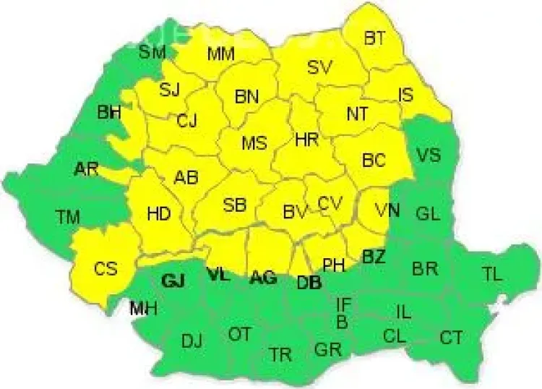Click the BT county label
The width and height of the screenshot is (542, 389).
[x=374, y=39]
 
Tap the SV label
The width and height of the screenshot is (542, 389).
[x=319, y=68]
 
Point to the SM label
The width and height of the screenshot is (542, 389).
[x=152, y=51]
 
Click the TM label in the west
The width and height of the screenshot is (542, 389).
[x=69, y=216]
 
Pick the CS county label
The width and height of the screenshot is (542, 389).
[x=106, y=268]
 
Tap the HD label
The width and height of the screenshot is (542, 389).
[x=158, y=214]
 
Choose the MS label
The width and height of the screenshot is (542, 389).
[x=254, y=142]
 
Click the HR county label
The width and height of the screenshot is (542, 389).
[x=307, y=140]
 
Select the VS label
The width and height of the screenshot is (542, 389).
[x=429, y=155]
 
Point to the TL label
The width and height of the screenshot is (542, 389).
[x=491, y=274]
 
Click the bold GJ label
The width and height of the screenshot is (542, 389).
[x=174, y=282]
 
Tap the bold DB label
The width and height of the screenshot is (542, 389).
[x=309, y=283]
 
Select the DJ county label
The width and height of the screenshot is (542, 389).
[x=192, y=341]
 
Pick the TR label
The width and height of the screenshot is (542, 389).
[x=280, y=354]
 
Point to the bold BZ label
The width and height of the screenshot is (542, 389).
[x=374, y=257]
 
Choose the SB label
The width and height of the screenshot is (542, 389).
[x=235, y=205]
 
